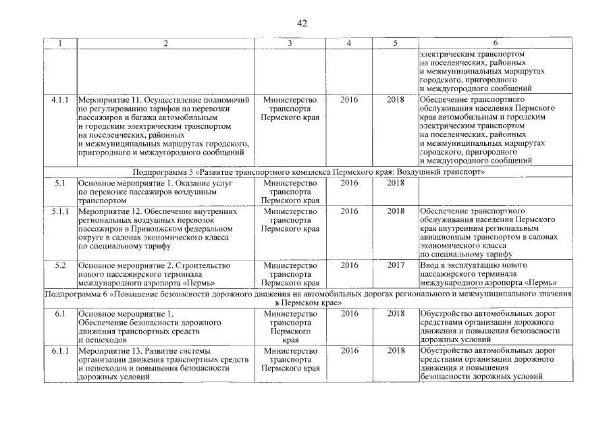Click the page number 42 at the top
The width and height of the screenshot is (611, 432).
(x=302, y=24)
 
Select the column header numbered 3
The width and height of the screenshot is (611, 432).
(x=290, y=43)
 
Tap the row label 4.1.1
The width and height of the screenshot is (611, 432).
(x=60, y=99)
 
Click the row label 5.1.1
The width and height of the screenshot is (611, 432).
(x=60, y=211)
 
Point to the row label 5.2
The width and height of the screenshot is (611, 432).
(x=60, y=265)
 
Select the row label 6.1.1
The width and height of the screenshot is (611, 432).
(x=60, y=351)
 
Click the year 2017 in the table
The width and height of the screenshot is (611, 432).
(x=396, y=265)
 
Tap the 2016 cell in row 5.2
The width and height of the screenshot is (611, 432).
(x=349, y=265)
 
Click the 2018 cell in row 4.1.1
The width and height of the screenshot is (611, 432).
(x=396, y=99)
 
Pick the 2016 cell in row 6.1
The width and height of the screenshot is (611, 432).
(x=349, y=313)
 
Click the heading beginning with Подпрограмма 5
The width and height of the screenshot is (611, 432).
(x=309, y=173)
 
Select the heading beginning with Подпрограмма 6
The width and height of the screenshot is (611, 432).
(x=309, y=299)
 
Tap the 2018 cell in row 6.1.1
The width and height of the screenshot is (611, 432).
(x=396, y=351)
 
